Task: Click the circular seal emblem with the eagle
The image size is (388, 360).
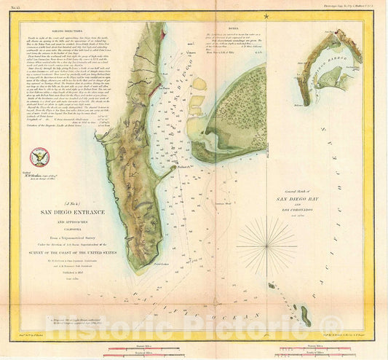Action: pos(37,155)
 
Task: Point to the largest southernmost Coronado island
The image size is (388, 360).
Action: pos(306,318)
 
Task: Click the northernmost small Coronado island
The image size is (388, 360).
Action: pos(271,286)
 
